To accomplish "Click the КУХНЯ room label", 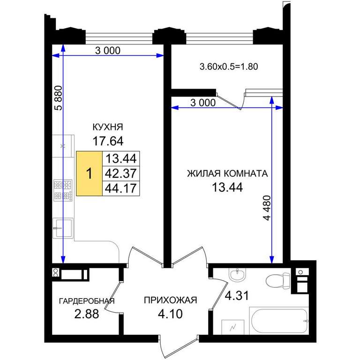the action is (x=108, y=127).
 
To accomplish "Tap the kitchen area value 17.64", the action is (x=108, y=141).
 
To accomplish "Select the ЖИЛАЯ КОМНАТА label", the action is (x=227, y=173).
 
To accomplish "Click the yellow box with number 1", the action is (x=89, y=173).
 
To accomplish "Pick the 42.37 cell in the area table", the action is (x=121, y=173).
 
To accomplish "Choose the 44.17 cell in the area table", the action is (x=121, y=188).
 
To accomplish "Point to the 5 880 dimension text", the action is (x=59, y=98).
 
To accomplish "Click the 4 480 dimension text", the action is (x=267, y=208).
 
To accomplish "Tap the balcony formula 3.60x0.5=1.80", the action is (x=229, y=67).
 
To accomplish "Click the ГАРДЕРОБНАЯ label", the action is (x=87, y=301).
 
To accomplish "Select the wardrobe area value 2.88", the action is (x=87, y=314).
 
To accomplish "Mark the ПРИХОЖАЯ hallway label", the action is (x=170, y=300).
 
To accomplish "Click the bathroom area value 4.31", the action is (x=237, y=296).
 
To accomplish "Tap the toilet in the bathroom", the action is (x=278, y=281).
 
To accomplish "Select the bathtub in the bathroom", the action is (x=279, y=321).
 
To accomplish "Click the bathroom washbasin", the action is (x=237, y=275).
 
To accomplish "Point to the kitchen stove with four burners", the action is (x=63, y=190).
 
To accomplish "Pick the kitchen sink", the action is (x=63, y=228).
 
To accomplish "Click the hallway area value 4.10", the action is (x=170, y=314).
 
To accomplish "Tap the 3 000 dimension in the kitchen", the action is (x=108, y=51).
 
